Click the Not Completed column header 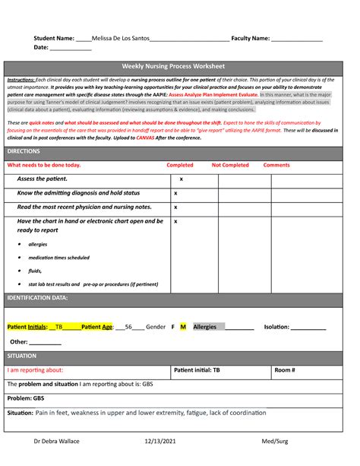[x=230, y=165]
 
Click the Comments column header [x=276, y=165]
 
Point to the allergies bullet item [x=38, y=245]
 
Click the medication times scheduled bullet [x=58, y=258]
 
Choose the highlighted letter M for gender [x=183, y=327]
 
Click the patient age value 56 [x=129, y=327]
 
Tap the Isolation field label [x=276, y=327]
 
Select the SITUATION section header [x=21, y=356]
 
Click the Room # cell [x=285, y=370]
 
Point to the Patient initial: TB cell [x=197, y=370]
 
